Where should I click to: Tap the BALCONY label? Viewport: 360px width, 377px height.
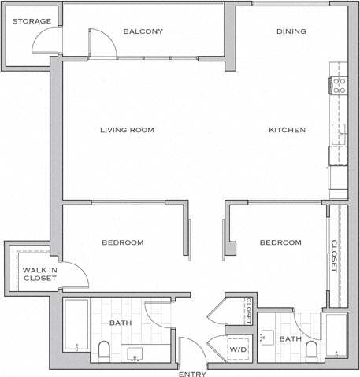click(143, 31)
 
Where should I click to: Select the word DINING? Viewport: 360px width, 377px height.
click(291, 31)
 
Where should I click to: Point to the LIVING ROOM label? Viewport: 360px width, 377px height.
click(127, 130)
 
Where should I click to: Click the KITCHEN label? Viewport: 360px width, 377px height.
click(287, 130)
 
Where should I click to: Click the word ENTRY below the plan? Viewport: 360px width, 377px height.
click(192, 373)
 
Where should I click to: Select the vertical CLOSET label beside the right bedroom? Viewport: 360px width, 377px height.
click(334, 255)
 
